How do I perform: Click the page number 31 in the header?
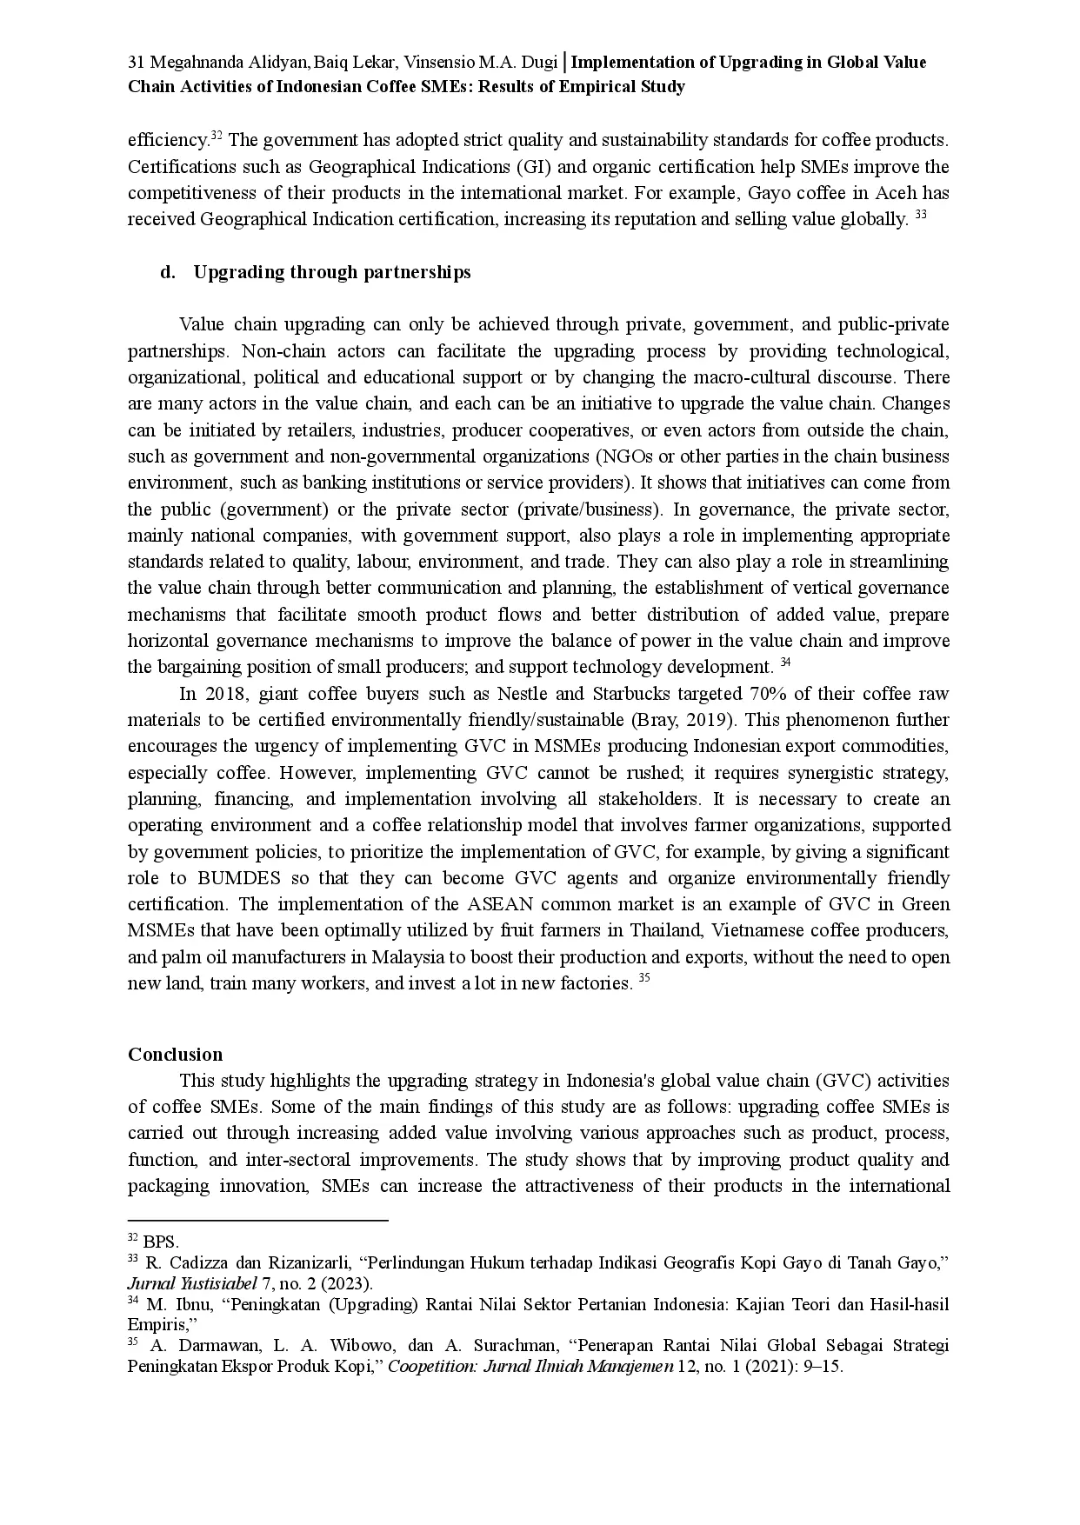coord(135,63)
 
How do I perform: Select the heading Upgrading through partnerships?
coord(331,272)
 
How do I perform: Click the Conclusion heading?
coord(175,1055)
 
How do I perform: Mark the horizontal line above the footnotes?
coord(257,1220)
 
